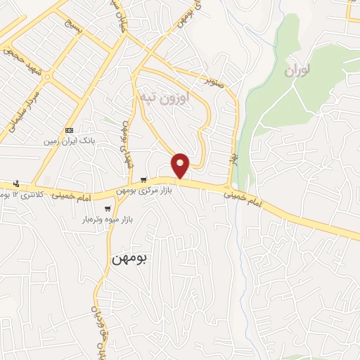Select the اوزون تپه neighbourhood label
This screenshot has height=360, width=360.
coord(165,96)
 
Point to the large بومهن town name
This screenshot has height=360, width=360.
coord(129,259)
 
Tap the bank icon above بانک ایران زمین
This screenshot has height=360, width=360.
coord(69,130)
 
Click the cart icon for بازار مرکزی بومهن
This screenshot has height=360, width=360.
coord(143,179)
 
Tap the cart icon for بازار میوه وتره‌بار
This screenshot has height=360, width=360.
coord(107,208)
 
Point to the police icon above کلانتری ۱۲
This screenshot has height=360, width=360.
coord(15,184)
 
